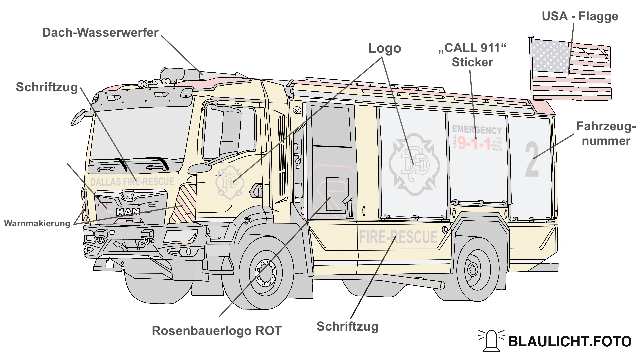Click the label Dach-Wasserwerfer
(100, 33)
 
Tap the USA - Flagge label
(580, 16)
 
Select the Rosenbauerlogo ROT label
(217, 331)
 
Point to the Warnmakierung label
(37, 223)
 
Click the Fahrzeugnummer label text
(606, 134)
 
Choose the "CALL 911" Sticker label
(472, 55)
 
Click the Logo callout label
(384, 48)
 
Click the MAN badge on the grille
(128, 212)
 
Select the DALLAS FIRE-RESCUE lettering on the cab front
(132, 182)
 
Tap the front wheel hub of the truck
(266, 272)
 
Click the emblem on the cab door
(230, 182)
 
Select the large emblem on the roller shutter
(414, 164)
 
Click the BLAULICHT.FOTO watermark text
(570, 341)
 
